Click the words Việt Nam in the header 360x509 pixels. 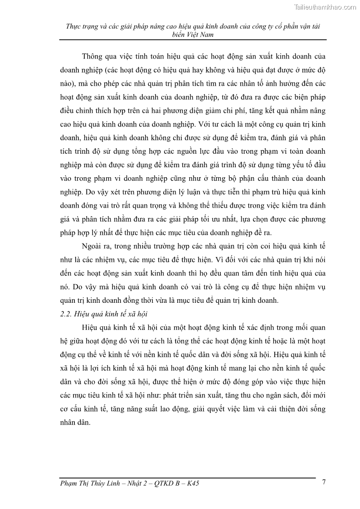point(202,34)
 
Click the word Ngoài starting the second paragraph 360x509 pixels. point(94,247)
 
